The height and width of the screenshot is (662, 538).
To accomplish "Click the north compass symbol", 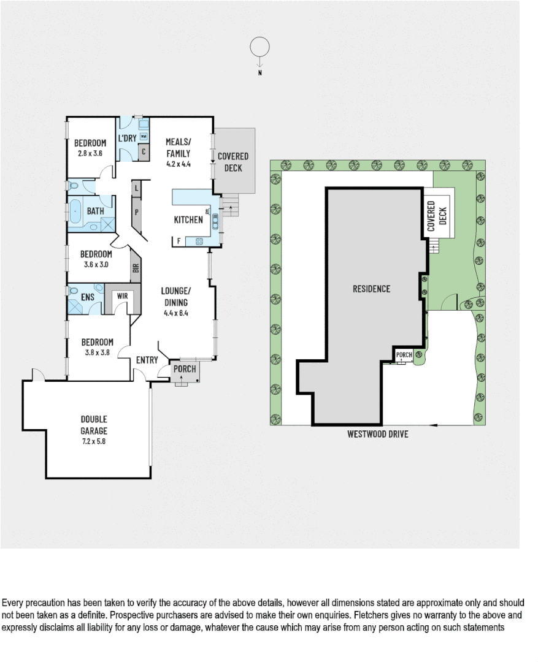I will click(x=260, y=47).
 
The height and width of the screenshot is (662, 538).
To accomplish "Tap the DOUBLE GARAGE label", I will click(x=94, y=424).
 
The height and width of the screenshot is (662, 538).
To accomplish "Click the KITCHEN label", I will click(x=188, y=220).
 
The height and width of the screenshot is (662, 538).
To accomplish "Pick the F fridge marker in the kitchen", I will click(x=179, y=241).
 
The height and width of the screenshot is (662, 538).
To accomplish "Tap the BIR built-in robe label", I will click(x=136, y=268).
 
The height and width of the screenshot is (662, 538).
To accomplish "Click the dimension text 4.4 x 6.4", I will click(x=176, y=313).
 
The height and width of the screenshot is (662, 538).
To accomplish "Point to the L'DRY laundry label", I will click(x=126, y=138).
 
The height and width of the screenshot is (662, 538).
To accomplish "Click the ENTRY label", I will click(x=147, y=360).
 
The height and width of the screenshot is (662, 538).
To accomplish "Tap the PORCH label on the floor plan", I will click(x=185, y=368).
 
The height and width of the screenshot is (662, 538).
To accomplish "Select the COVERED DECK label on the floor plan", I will click(x=233, y=162).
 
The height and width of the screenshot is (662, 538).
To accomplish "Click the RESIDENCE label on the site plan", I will click(x=371, y=289).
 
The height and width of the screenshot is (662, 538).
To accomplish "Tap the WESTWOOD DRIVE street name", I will click(x=377, y=434).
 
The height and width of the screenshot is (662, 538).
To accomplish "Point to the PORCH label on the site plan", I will click(x=404, y=355).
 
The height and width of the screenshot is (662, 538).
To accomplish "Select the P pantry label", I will click(x=136, y=212).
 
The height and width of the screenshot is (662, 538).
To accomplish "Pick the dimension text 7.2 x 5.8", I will click(x=94, y=440).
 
